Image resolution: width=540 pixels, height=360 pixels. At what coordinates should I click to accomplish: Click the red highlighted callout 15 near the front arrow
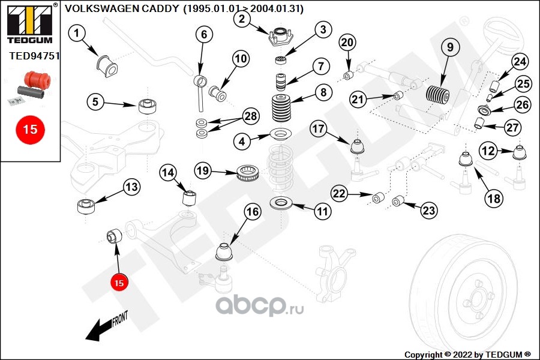coord(119,282)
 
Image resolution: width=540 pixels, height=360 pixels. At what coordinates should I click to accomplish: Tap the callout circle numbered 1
coord(76,34)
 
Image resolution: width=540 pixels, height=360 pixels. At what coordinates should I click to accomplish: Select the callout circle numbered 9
coord(450,46)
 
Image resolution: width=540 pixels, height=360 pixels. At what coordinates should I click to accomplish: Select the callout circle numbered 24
coord(520,61)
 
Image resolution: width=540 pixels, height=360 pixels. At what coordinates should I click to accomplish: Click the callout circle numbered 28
coord(250,115)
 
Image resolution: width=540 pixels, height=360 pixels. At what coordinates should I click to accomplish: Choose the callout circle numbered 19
coord(203,172)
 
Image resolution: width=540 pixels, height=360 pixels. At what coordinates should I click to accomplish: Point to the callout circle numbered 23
coord(429,210)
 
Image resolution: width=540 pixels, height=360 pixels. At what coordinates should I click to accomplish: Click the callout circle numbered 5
coord(95,101)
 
